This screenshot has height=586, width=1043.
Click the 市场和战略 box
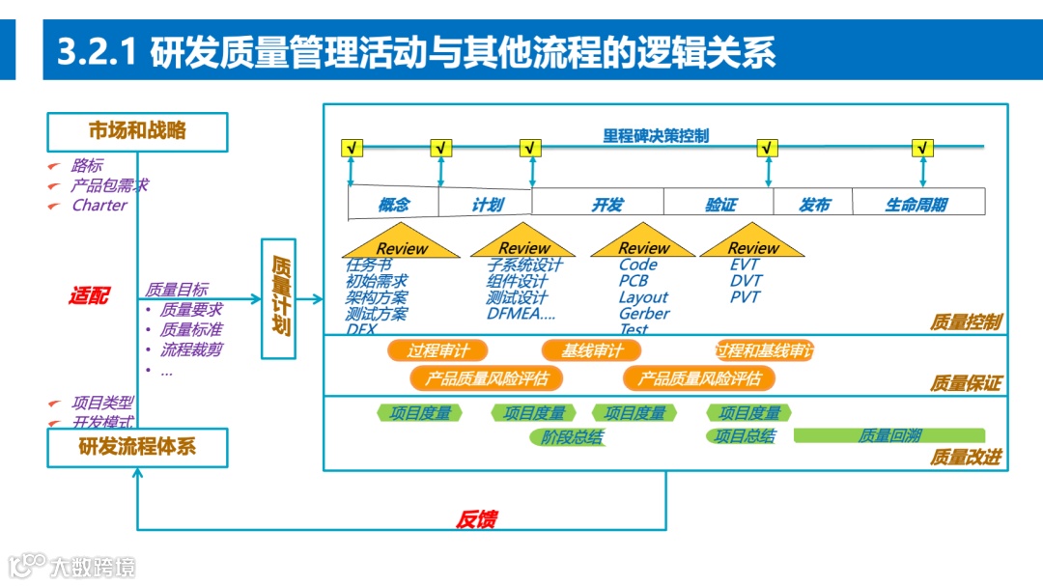(137, 131)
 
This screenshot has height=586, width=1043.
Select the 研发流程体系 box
(137, 448)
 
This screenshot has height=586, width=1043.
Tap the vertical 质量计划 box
(278, 297)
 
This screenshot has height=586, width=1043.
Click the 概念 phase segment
(393, 204)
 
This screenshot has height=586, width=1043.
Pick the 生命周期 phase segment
(916, 204)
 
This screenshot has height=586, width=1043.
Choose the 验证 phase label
(720, 204)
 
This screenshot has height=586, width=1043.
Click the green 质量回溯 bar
(889, 435)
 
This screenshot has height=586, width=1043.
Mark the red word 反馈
(475, 519)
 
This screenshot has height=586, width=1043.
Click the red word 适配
(88, 295)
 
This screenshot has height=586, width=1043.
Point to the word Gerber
(644, 313)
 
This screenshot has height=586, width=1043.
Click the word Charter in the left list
(99, 205)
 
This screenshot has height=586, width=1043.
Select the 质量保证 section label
(966, 383)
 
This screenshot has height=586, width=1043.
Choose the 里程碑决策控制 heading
(656, 136)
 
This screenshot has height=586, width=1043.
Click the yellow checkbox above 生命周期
(922, 149)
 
